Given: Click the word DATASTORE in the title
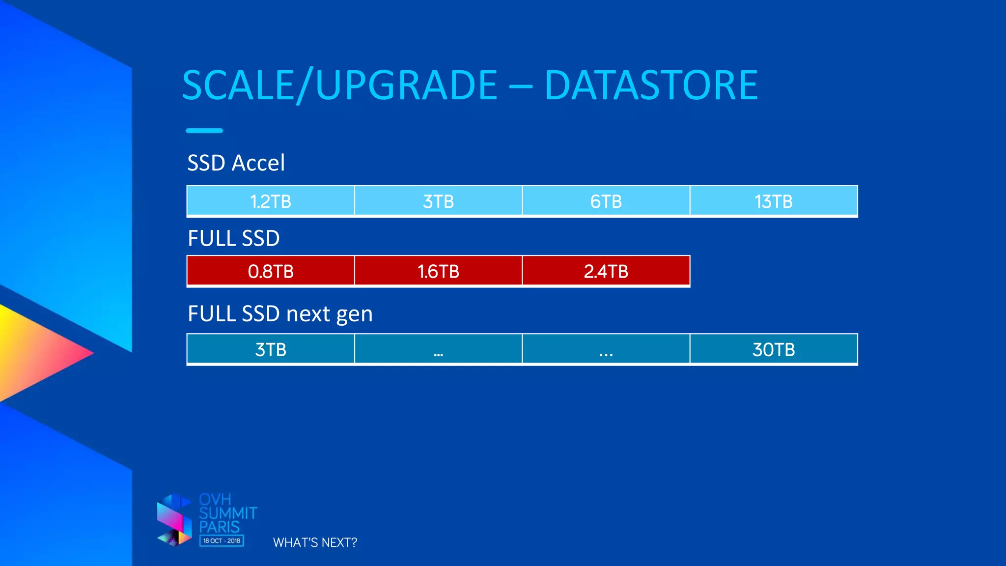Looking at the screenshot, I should (x=651, y=85).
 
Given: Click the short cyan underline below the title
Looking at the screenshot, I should (x=204, y=131).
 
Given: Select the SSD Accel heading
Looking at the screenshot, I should (x=236, y=163).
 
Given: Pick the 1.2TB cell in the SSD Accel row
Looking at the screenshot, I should (x=271, y=201).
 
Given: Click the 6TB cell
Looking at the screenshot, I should (x=606, y=201).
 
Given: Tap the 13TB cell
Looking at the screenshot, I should (x=774, y=201).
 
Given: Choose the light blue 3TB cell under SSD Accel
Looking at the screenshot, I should (x=438, y=201).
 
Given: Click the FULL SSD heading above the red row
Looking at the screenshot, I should (x=234, y=239).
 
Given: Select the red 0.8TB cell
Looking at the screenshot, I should (x=271, y=271).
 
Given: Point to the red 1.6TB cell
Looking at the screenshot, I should (x=438, y=271).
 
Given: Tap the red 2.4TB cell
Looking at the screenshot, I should (x=606, y=271).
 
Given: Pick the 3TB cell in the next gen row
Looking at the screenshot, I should (x=271, y=350).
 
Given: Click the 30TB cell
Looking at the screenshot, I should (x=774, y=350).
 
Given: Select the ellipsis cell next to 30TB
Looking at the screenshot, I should (x=606, y=350).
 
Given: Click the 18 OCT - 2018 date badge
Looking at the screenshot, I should (x=222, y=541).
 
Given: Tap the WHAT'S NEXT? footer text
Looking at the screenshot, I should (x=315, y=542).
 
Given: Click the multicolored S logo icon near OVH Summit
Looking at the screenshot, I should (x=174, y=521).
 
